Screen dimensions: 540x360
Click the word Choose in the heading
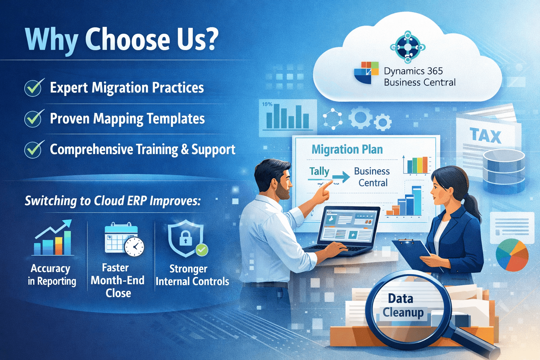pos(128,39)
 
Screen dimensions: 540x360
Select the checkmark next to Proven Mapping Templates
pos(34,118)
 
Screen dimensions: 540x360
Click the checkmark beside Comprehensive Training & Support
pos(34,149)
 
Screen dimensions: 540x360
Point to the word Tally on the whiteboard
pos(319,172)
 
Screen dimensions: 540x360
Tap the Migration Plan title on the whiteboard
pos(347,149)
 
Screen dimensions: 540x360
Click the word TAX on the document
pos(485,135)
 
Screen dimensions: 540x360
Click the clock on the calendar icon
pos(134,247)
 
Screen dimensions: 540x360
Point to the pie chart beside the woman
pos(512,255)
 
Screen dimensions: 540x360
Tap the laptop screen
pos(348,226)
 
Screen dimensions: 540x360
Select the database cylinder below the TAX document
pos(504,171)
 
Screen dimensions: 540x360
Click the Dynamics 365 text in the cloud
pos(413,71)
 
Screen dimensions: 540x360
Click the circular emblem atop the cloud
pos(408,47)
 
